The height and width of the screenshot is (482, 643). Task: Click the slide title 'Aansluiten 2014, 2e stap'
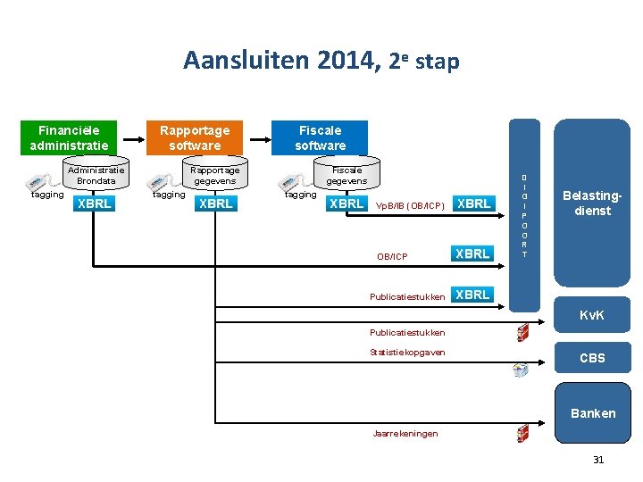coord(321,61)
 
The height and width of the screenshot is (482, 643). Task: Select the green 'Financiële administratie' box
coord(69,137)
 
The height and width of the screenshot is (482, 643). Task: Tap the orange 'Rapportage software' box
coord(195,137)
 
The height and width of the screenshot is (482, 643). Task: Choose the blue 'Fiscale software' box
coord(320,137)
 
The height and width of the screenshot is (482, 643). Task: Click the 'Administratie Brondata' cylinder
coord(96,175)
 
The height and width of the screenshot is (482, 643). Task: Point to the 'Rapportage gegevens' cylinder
coord(216,175)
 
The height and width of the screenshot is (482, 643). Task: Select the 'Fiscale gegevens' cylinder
coord(346,175)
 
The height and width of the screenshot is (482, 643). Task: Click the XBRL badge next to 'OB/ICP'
coord(472,254)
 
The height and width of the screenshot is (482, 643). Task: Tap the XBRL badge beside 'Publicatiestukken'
coord(472,295)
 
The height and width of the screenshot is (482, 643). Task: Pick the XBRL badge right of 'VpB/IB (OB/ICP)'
coord(473,204)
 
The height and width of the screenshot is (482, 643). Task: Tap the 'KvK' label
coord(592,316)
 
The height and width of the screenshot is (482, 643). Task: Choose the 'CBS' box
coord(592,358)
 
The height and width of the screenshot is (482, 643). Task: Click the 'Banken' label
coord(592,412)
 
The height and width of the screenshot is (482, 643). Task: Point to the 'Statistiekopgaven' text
coord(407,353)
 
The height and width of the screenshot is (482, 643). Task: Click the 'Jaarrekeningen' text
coord(405,434)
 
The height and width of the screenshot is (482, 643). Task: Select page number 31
coord(598,460)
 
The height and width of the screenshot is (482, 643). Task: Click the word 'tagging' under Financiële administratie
coord(47,195)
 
